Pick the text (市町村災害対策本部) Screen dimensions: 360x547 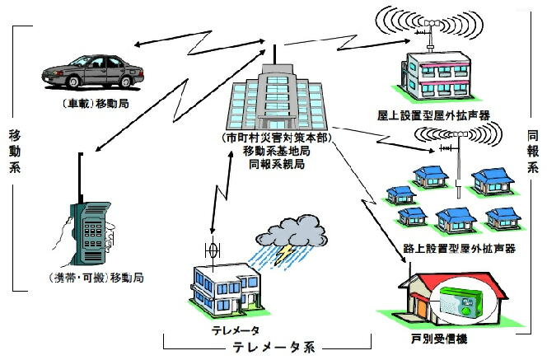point(274,138)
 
